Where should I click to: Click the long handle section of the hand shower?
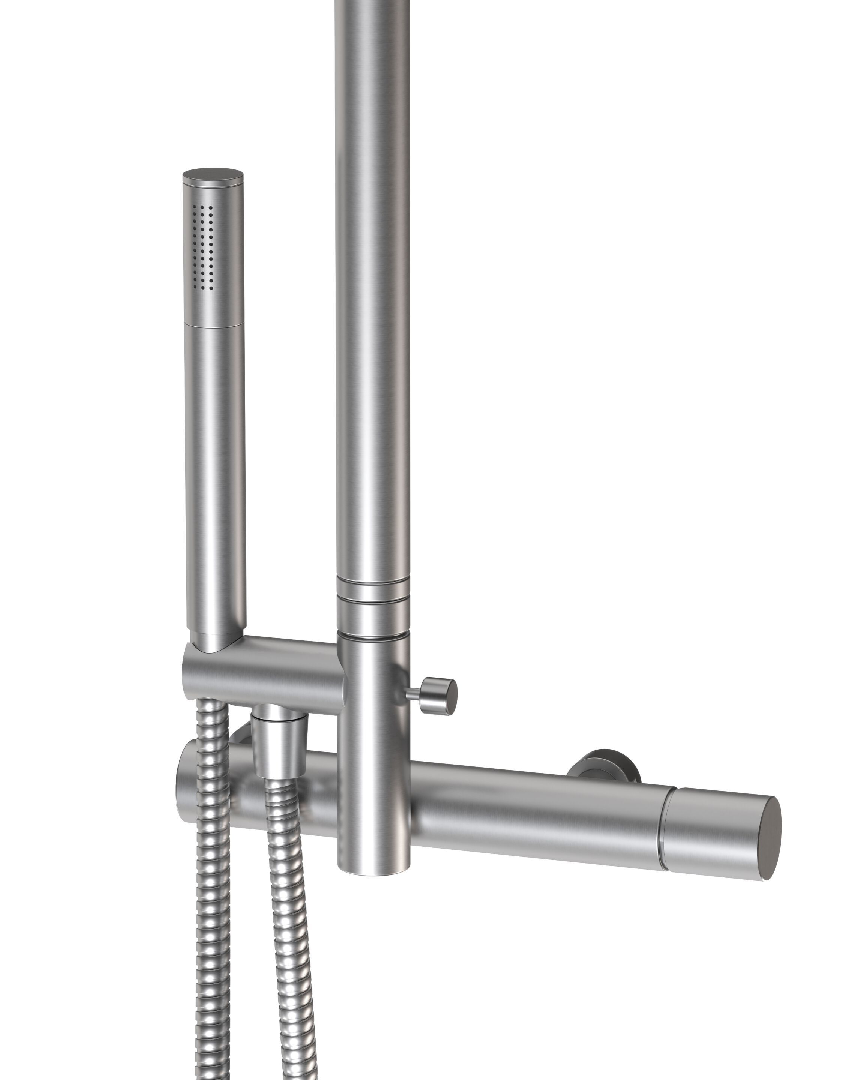pyautogui.click(x=215, y=476)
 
